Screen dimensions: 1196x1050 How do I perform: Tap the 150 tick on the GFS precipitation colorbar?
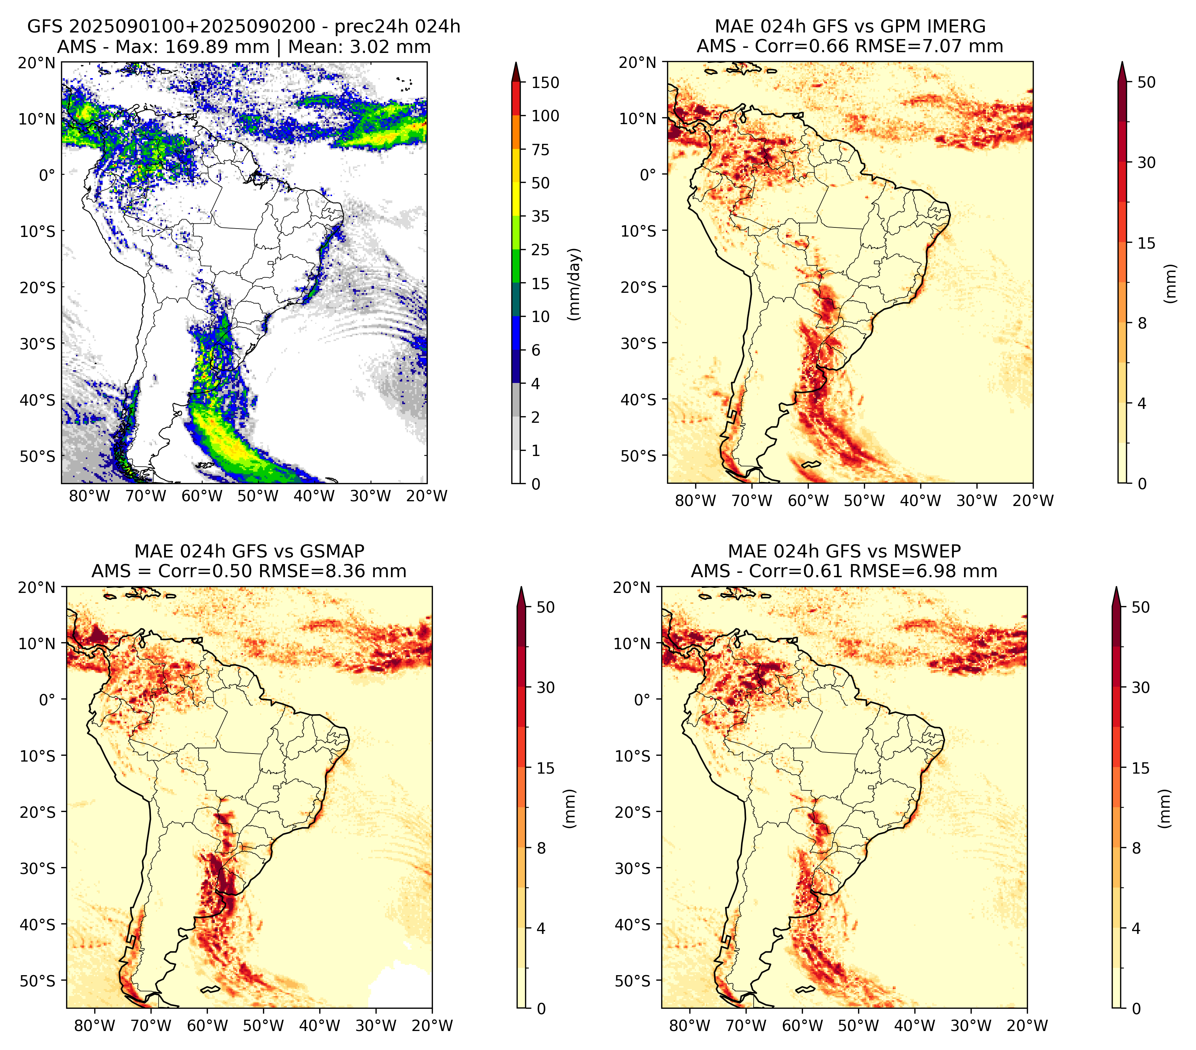pos(545,83)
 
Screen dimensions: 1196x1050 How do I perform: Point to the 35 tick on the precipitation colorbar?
pos(540,216)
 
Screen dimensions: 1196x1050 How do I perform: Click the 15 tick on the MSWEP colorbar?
pos(1140,768)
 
